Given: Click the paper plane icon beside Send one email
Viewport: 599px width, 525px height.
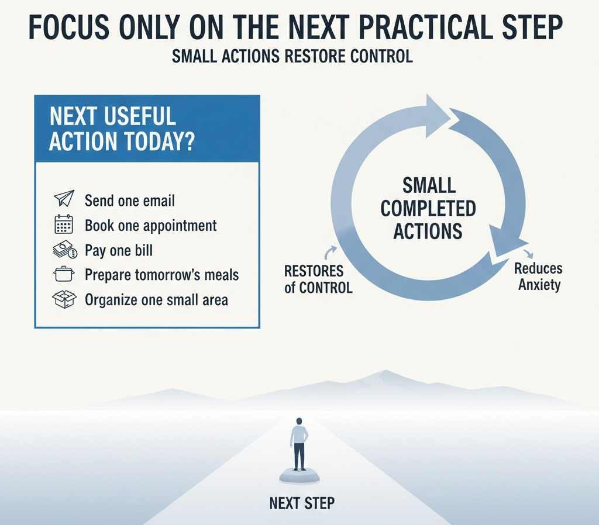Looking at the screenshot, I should pyautogui.click(x=63, y=199).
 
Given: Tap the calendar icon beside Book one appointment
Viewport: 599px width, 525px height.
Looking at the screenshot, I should pyautogui.click(x=63, y=224).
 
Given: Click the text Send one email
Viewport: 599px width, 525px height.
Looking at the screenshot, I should pyautogui.click(x=129, y=201).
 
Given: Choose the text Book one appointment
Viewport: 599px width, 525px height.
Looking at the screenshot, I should pyautogui.click(x=150, y=226).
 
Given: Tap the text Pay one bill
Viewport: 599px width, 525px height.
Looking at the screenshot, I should pyautogui.click(x=118, y=251).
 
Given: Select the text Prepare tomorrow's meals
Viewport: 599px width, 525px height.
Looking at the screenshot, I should pyautogui.click(x=161, y=275).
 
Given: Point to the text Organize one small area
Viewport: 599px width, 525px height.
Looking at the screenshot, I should pyautogui.click(x=156, y=301).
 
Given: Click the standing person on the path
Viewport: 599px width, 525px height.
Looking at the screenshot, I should pyautogui.click(x=299, y=444).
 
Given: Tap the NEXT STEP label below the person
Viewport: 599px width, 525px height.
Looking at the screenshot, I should pyautogui.click(x=302, y=503).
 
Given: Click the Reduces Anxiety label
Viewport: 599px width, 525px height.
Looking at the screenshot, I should pyautogui.click(x=539, y=277).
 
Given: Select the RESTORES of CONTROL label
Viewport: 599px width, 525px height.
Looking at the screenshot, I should pyautogui.click(x=318, y=279).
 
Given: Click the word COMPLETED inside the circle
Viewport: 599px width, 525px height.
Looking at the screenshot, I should pyautogui.click(x=429, y=208).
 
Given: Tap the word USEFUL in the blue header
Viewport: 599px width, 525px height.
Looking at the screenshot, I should pyautogui.click(x=140, y=116).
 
